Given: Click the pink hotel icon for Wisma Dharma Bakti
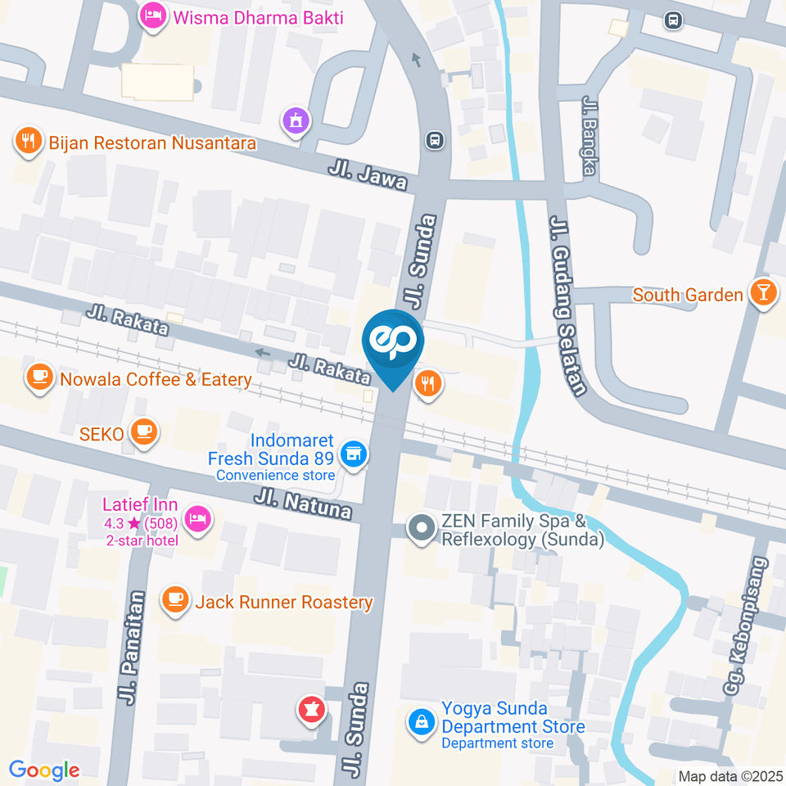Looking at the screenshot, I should point(151,16).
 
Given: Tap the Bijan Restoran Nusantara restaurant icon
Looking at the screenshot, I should point(29,142).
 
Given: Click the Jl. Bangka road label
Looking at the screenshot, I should point(589,135).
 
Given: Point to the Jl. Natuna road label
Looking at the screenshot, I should point(302,504).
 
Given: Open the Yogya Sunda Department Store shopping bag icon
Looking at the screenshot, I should point(421,722).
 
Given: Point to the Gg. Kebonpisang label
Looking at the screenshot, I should point(744,626).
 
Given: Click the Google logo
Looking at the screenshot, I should point(44,770).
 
